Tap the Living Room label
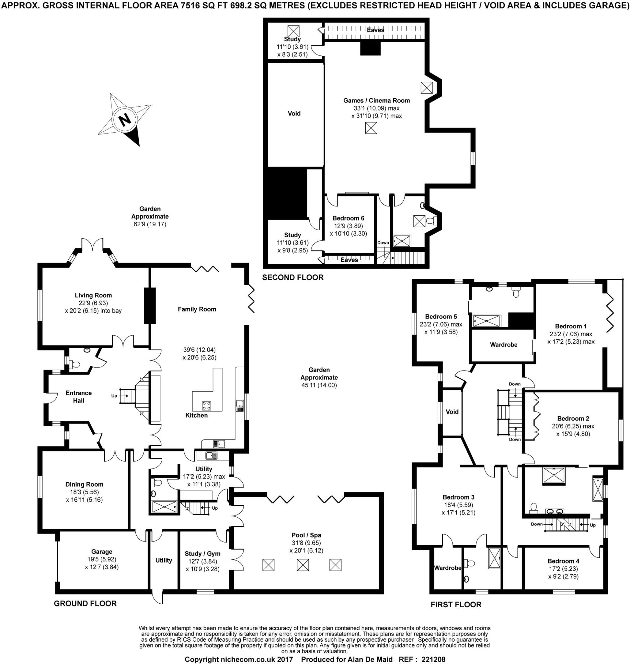93,295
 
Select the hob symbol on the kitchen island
207,406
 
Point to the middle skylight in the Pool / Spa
303,565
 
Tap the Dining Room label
84,484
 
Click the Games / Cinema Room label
376,100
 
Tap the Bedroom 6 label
348,218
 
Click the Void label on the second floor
294,113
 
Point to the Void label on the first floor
452,411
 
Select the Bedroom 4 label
563,561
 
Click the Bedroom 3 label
458,497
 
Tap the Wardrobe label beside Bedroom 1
503,345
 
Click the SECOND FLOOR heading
292,277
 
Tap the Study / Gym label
202,553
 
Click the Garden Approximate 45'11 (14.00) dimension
319,385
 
